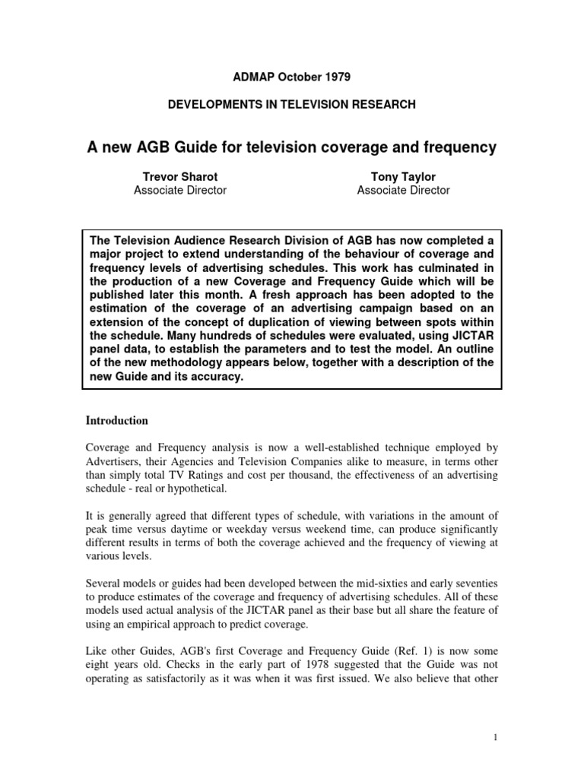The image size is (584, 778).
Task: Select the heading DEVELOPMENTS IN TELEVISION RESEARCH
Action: [x=291, y=105]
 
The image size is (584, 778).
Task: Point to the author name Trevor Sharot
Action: [x=179, y=176]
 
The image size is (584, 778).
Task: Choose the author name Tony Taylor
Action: [x=403, y=176]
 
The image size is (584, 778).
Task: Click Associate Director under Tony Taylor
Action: [x=403, y=191]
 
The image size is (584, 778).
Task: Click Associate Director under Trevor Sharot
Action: [x=179, y=191]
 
